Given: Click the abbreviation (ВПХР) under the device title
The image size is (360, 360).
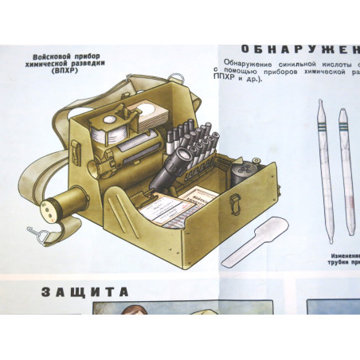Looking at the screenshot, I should tap(69, 72).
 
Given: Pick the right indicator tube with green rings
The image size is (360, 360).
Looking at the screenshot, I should tap(345, 171).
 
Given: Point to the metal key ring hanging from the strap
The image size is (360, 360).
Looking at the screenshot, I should tap(33, 233).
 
